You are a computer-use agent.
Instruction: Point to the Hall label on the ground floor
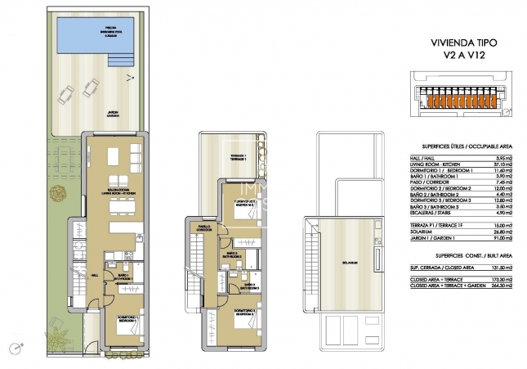click(x=95, y=276)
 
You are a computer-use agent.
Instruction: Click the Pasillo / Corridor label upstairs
click(x=205, y=229)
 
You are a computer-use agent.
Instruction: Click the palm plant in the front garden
click(x=55, y=335)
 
